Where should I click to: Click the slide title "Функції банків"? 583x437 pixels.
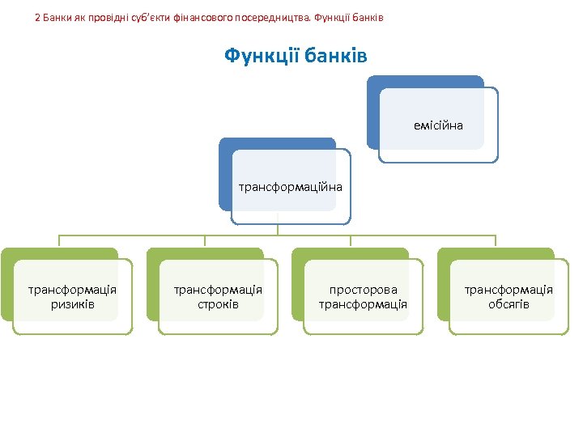point(296,56)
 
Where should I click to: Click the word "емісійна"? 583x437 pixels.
point(438,125)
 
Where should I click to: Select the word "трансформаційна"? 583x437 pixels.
point(290,187)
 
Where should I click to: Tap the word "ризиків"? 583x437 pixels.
point(73,304)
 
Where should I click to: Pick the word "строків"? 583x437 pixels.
point(218,304)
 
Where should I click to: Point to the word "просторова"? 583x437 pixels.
point(363,290)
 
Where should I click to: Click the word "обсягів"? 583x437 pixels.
point(509,304)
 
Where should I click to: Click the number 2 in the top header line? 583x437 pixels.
point(37,16)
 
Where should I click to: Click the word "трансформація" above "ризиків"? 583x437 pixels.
point(73,290)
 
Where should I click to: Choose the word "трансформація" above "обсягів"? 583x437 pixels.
point(509,290)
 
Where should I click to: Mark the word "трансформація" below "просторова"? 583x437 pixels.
point(363,304)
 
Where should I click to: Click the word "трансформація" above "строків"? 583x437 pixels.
point(218,290)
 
